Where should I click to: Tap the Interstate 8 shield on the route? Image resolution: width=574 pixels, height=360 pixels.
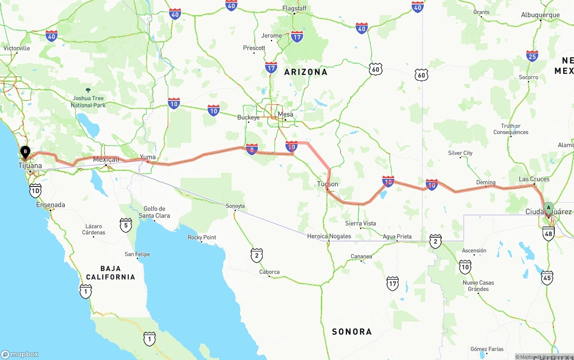click(x=252, y=149)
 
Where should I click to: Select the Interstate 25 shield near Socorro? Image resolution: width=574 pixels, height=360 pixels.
click(x=532, y=56)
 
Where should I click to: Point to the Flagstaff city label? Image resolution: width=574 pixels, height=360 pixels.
click(x=294, y=9)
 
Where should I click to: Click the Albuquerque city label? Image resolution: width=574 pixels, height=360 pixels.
click(x=540, y=15)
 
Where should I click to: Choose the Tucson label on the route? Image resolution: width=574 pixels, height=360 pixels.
click(x=327, y=184)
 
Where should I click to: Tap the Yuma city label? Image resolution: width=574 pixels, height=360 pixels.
click(x=148, y=157)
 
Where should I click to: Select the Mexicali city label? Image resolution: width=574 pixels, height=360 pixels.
click(x=106, y=159)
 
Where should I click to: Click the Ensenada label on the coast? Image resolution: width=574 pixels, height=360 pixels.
click(x=51, y=205)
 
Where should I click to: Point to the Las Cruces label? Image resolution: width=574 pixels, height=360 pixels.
click(x=534, y=179)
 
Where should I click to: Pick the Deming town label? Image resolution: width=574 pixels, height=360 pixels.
click(x=486, y=182)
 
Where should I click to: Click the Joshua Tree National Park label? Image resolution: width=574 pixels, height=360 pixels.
click(x=88, y=101)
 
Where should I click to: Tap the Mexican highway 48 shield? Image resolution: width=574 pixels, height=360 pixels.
click(x=548, y=233)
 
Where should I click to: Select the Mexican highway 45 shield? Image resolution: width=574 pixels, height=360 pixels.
click(x=547, y=278)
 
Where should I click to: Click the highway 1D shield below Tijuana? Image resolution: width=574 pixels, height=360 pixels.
click(x=35, y=190)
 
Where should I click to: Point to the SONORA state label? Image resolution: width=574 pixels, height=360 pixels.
click(x=352, y=332)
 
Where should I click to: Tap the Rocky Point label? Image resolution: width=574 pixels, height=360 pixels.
click(x=202, y=237)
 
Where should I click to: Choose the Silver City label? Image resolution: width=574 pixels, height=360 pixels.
click(x=460, y=153)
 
